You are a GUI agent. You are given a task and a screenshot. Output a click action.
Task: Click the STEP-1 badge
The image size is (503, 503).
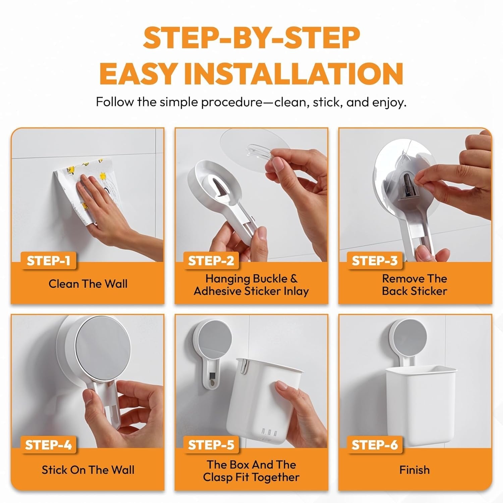pyautogui.click(x=48, y=261)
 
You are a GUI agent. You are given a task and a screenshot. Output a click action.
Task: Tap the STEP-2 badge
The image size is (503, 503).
pyautogui.click(x=211, y=261)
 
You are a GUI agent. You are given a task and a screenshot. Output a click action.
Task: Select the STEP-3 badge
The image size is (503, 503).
pyautogui.click(x=375, y=261)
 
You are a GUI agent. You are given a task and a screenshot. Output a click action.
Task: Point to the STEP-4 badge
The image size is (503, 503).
pyautogui.click(x=48, y=445)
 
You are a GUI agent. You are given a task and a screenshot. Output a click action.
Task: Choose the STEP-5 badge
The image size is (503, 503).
pyautogui.click(x=211, y=445)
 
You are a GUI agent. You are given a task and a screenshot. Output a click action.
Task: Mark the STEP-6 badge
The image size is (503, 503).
pyautogui.click(x=375, y=445)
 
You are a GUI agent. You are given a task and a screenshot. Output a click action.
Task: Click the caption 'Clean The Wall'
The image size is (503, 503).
pyautogui.click(x=88, y=284)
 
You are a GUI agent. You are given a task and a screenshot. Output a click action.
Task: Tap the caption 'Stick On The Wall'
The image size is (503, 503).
pyautogui.click(x=88, y=470)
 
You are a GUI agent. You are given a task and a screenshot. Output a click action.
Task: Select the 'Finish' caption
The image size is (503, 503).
pyautogui.click(x=414, y=470)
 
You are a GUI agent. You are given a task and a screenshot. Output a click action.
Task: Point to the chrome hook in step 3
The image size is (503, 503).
pyautogui.click(x=407, y=186)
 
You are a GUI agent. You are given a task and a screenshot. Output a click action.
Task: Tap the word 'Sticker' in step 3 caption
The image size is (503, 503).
pyautogui.click(x=431, y=291)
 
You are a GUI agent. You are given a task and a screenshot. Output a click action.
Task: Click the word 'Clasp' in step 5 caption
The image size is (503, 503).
pyautogui.click(x=217, y=477)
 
